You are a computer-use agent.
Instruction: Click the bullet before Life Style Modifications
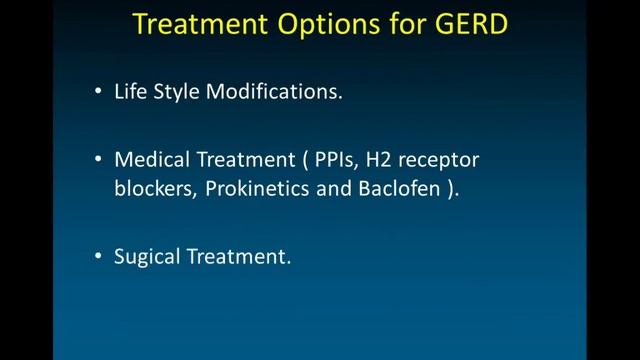tap(98, 93)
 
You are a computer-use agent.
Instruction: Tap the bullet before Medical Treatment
tap(98, 160)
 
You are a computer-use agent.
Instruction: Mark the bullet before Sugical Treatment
tap(98, 257)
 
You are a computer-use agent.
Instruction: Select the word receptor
tap(445, 161)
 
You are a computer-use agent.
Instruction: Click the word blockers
tap(151, 190)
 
